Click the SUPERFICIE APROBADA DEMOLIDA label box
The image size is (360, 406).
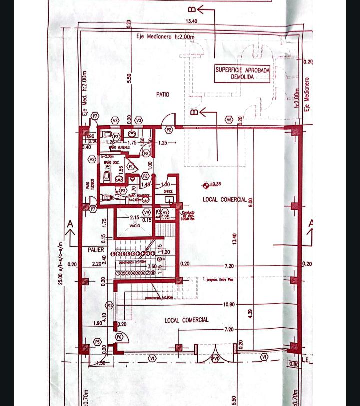[x=242, y=74]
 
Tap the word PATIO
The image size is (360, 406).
[x=162, y=94]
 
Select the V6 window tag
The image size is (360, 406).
[x=229, y=120]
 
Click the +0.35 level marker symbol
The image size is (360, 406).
[x=205, y=185]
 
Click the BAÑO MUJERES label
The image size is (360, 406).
[x=117, y=148]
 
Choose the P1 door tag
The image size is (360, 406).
[x=131, y=166]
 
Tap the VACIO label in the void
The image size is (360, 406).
[x=135, y=226]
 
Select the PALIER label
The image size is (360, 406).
[x=96, y=249]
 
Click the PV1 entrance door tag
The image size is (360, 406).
[x=215, y=358]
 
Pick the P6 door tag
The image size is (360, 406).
[x=119, y=337]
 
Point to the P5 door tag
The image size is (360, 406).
[x=97, y=341]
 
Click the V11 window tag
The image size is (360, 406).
[x=109, y=305]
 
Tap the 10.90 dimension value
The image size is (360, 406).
[x=229, y=304]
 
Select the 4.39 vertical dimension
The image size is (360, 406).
[x=250, y=313]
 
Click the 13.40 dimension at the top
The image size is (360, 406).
[x=191, y=21]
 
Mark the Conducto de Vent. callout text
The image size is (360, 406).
[x=188, y=214]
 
